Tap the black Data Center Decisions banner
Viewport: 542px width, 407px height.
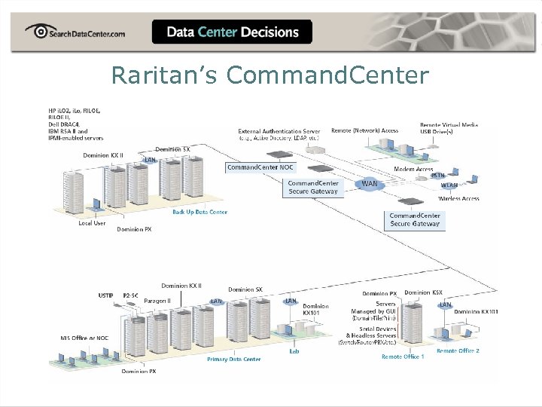point(232,32)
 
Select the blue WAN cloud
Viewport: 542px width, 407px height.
point(369,183)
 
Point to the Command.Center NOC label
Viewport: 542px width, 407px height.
point(260,167)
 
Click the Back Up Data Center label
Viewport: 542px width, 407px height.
point(199,212)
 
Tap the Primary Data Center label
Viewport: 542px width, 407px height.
point(233,359)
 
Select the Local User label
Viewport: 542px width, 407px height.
point(92,222)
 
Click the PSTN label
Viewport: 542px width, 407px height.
point(438,175)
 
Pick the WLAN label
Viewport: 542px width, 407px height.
point(449,185)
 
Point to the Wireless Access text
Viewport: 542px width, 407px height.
point(458,199)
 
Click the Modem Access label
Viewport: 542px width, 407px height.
point(413,169)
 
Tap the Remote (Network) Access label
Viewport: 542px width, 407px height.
point(364,130)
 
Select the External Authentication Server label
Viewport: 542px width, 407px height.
point(279,131)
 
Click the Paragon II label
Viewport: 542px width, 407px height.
point(157,301)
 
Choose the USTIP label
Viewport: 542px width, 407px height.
point(106,295)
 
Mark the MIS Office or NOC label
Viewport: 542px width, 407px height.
point(84,338)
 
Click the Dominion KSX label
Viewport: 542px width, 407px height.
point(422,292)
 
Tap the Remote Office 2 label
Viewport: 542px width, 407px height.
point(458,350)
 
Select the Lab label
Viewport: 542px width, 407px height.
point(294,350)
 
